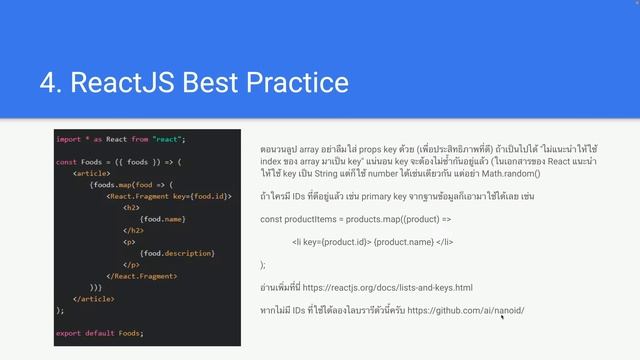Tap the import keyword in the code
68,139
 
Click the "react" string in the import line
169,139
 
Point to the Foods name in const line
92,161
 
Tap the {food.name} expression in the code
164,218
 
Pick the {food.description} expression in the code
176,252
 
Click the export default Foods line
100,332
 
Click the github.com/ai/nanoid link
465,311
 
